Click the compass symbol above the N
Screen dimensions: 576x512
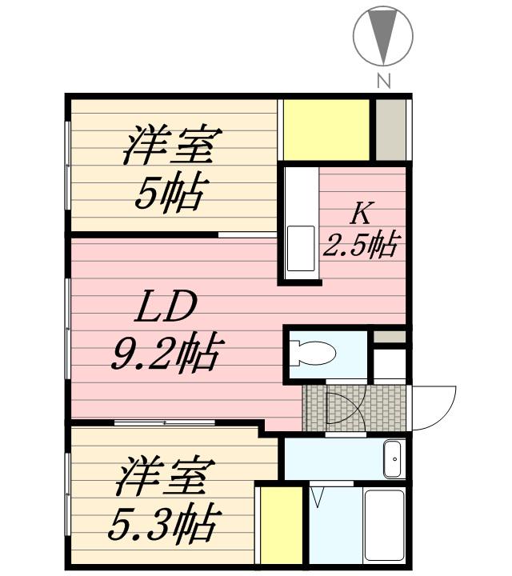click(383, 36)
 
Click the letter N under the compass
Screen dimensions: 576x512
click(384, 80)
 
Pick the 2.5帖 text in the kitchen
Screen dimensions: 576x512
click(360, 244)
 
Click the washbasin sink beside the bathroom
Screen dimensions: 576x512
click(393, 458)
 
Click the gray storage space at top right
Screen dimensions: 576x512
click(391, 129)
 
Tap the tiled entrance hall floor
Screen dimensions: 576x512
click(352, 408)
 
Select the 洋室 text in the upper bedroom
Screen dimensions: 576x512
click(170, 146)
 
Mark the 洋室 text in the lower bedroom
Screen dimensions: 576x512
click(163, 478)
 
